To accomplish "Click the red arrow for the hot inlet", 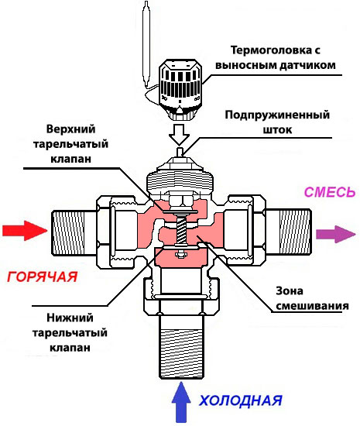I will (x=23, y=230).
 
